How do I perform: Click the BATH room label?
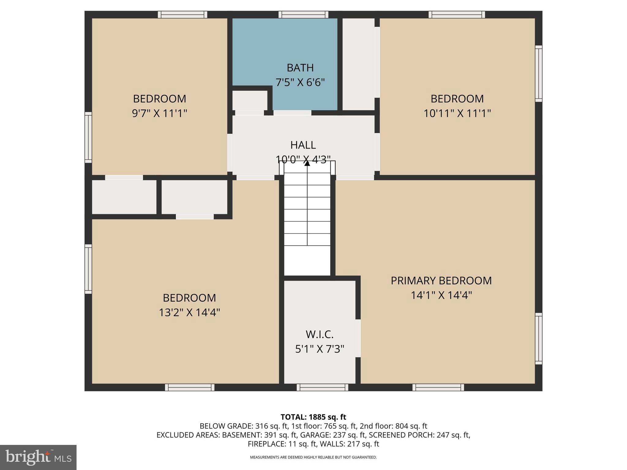click(300, 68)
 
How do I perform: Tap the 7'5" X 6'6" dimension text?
click(300, 83)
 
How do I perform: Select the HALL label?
click(303, 145)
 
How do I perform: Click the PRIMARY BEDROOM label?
click(441, 281)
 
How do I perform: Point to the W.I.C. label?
click(320, 334)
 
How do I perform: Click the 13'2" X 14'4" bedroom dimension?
click(189, 313)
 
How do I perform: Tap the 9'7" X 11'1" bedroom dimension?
click(159, 114)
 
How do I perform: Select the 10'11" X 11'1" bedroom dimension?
click(457, 114)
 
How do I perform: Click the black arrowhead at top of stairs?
click(307, 163)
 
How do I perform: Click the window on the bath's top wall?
click(303, 14)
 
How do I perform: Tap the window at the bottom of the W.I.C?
click(322, 387)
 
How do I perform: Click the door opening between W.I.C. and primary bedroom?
click(358, 338)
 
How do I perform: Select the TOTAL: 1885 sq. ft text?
click(313, 417)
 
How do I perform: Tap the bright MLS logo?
click(38, 457)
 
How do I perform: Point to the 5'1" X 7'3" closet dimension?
click(320, 349)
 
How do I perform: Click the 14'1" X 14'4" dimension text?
click(441, 295)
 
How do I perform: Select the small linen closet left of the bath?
click(250, 100)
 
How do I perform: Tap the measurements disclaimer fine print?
click(313, 457)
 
